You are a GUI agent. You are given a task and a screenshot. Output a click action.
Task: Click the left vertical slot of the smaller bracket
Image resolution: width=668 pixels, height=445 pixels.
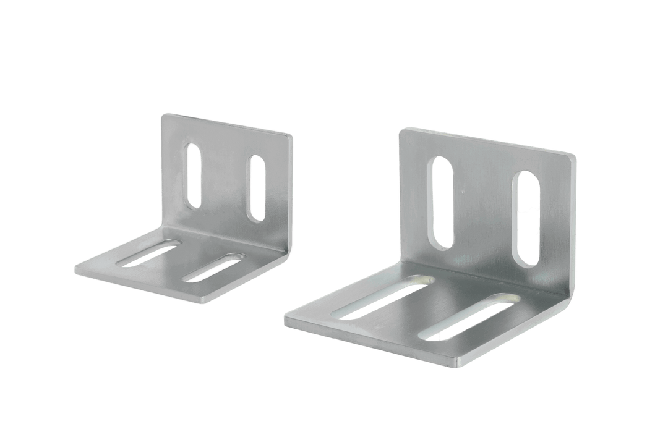[x=194, y=176]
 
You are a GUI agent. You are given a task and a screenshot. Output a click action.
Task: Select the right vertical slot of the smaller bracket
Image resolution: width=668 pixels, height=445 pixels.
[x=255, y=189]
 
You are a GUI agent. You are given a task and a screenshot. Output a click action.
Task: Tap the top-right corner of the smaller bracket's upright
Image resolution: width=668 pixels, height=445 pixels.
[x=291, y=134]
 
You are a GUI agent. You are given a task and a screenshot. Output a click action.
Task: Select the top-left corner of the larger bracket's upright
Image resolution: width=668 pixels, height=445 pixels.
[x=403, y=130]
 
